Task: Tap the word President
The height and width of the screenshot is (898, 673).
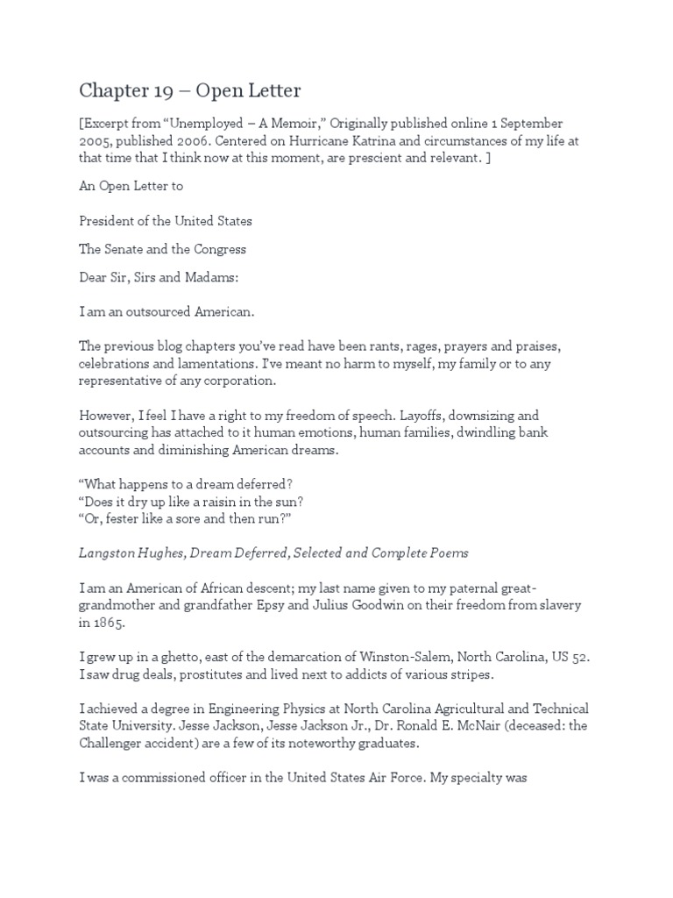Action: pos(109,220)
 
